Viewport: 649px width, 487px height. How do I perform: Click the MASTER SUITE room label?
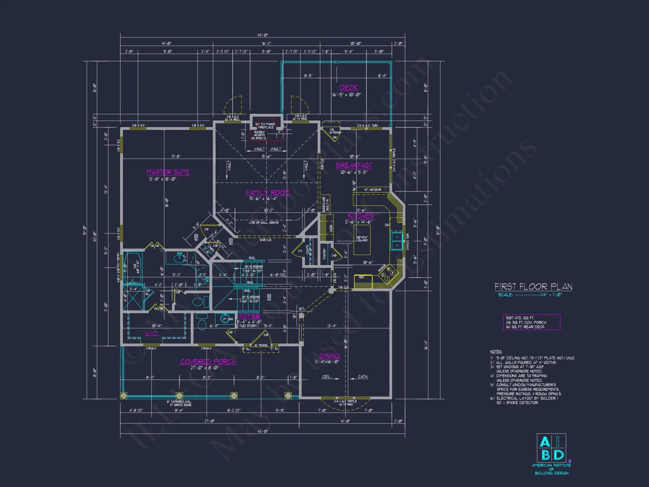pos(168,172)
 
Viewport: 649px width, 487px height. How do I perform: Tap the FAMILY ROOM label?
pos(267,193)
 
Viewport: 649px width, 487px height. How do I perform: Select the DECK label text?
pos(349,88)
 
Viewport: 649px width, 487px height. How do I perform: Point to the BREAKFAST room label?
pos(354,165)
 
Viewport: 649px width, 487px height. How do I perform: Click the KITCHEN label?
pos(360,216)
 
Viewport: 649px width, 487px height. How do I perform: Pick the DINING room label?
pos(329,356)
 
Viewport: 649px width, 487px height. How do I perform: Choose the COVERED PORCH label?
pos(208,362)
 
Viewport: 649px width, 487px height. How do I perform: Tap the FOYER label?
pos(250,316)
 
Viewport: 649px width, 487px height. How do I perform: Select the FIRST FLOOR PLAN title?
pos(533,287)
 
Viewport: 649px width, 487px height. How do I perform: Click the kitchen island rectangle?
pos(362,240)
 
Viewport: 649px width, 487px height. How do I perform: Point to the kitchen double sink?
pos(397,241)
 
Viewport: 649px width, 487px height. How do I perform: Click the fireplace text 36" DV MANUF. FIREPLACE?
pos(266,126)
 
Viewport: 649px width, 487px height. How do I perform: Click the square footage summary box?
pos(531,322)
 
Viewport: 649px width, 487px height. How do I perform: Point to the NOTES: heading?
pos(496,352)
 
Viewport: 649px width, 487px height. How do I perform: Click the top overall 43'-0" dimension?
pos(263,35)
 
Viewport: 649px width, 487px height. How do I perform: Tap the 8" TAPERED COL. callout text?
pos(179,402)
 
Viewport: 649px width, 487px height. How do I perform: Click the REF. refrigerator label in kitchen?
pos(361,277)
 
